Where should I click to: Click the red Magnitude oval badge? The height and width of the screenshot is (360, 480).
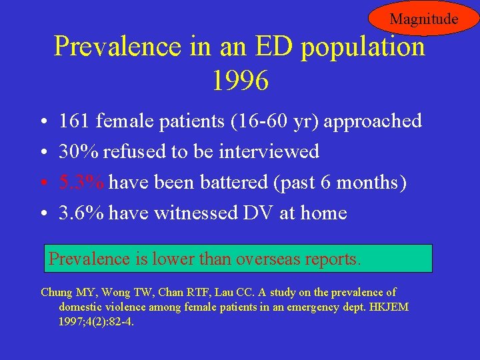coord(423,19)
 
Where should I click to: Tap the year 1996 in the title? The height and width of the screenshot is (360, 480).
coord(240,81)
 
